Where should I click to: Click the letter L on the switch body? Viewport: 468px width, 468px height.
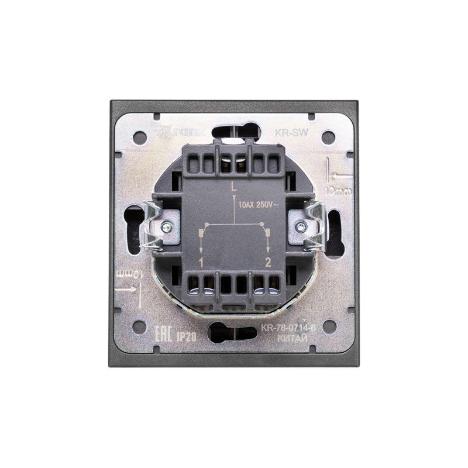click(x=234, y=188)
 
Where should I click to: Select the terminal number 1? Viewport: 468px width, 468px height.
click(x=201, y=261)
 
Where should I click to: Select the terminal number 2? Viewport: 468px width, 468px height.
click(x=268, y=261)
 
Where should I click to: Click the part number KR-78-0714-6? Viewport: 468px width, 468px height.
click(x=288, y=328)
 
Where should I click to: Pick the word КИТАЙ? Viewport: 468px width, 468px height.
click(x=288, y=338)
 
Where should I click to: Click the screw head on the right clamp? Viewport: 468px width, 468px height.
click(x=301, y=228)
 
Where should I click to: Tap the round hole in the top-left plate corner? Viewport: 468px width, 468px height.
click(x=140, y=138)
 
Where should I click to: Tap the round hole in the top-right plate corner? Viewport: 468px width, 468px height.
click(x=328, y=138)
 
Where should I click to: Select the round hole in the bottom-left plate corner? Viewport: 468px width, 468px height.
click(x=140, y=326)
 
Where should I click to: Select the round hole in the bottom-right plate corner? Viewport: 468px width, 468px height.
click(x=329, y=326)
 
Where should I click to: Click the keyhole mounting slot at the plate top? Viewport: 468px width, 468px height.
click(x=236, y=131)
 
